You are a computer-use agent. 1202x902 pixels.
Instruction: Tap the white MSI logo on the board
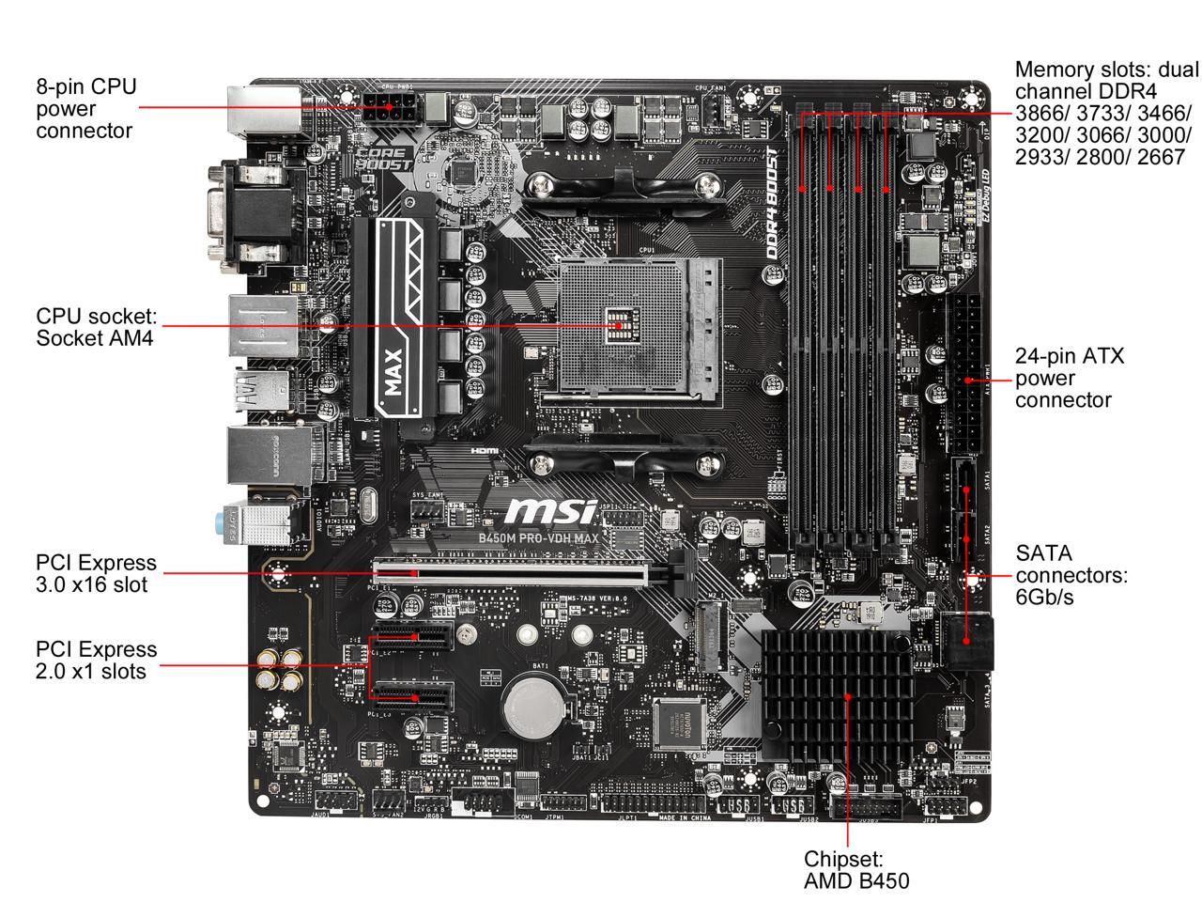click(550, 511)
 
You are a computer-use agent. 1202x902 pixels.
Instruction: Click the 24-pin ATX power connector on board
click(967, 376)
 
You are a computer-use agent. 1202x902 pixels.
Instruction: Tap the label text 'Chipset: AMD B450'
click(855, 870)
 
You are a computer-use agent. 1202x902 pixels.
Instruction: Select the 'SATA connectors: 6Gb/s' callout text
click(1071, 575)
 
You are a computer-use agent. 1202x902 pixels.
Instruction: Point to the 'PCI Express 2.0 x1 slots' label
click(96, 660)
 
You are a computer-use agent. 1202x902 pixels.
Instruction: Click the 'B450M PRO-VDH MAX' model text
click(551, 538)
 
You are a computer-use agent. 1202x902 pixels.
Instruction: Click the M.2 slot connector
click(711, 634)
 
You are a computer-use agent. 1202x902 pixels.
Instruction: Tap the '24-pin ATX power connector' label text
click(1069, 378)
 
